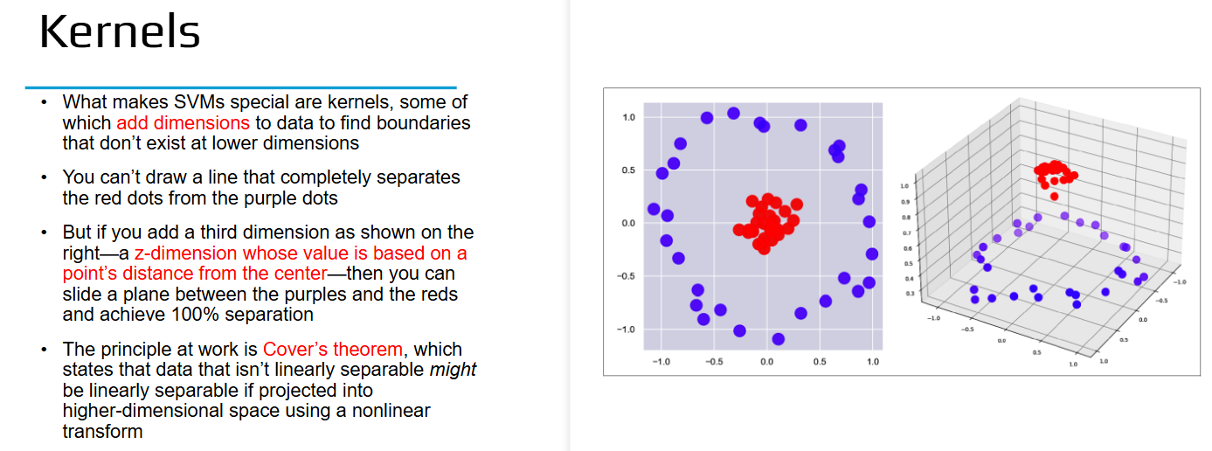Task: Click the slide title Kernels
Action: coord(120,31)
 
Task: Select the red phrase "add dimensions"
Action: coord(183,123)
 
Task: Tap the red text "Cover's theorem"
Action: coord(333,350)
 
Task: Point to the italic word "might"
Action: coord(453,370)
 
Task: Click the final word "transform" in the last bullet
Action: coord(103,432)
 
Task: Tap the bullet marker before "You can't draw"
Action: coord(44,177)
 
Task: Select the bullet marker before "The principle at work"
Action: coord(44,350)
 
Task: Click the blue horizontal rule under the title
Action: coord(241,87)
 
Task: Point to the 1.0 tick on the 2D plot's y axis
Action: coord(629,117)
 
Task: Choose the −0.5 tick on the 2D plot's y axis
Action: coord(626,276)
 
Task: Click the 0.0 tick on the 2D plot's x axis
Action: coord(766,362)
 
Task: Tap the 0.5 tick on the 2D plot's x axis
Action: coord(820,362)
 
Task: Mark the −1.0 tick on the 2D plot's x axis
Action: coord(661,362)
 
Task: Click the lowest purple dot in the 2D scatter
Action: coord(779,339)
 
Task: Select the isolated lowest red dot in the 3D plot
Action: coord(1054,197)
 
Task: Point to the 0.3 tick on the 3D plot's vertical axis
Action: coord(910,294)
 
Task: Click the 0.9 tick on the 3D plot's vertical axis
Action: coord(904,202)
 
